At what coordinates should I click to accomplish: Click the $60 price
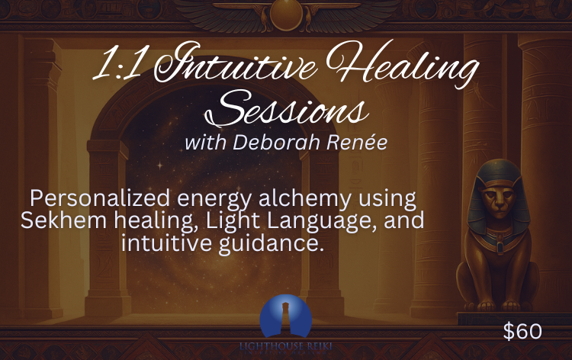[522, 331]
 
